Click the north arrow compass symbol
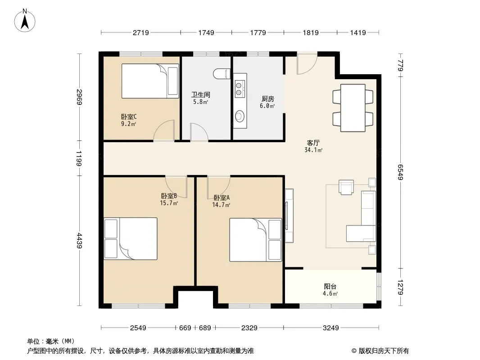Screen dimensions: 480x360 [25, 21]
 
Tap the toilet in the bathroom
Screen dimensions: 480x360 [222, 74]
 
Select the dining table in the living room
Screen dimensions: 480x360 [353, 108]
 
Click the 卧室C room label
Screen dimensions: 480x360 [129, 117]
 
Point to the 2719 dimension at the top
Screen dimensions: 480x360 [141, 32]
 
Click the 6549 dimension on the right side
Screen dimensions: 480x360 [400, 172]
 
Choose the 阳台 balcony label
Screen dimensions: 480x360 [330, 286]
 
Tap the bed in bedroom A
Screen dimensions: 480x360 [255, 240]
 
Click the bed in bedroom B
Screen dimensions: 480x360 [131, 238]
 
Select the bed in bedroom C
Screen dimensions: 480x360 [150, 81]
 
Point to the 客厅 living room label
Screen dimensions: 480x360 [313, 143]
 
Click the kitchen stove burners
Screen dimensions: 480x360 [239, 89]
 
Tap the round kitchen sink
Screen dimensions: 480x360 [239, 116]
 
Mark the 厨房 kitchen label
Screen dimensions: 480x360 [267, 99]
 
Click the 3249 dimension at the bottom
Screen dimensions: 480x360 [331, 328]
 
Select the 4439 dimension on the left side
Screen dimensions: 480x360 [79, 241]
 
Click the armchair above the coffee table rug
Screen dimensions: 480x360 [346, 187]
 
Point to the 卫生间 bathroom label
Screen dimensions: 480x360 [201, 94]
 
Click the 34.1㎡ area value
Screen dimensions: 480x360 [313, 150]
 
